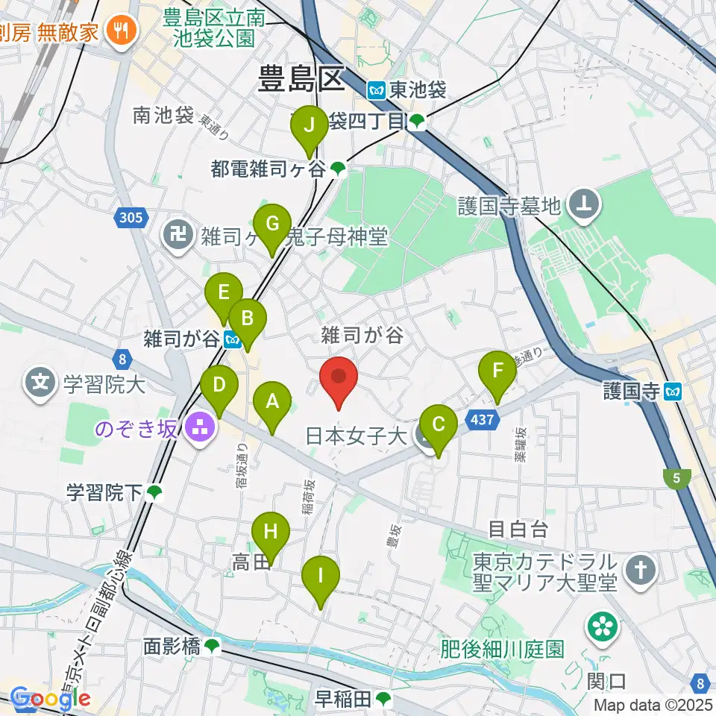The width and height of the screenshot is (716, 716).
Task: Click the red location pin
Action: coord(339,377)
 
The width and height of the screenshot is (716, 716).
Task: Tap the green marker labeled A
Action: coord(272,403)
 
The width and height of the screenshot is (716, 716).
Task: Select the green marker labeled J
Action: coord(309,127)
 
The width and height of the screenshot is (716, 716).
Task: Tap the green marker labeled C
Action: coord(439,426)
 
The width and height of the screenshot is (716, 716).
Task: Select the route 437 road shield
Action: coord(483,421)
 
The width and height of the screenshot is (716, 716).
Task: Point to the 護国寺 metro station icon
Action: coord(673,391)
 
